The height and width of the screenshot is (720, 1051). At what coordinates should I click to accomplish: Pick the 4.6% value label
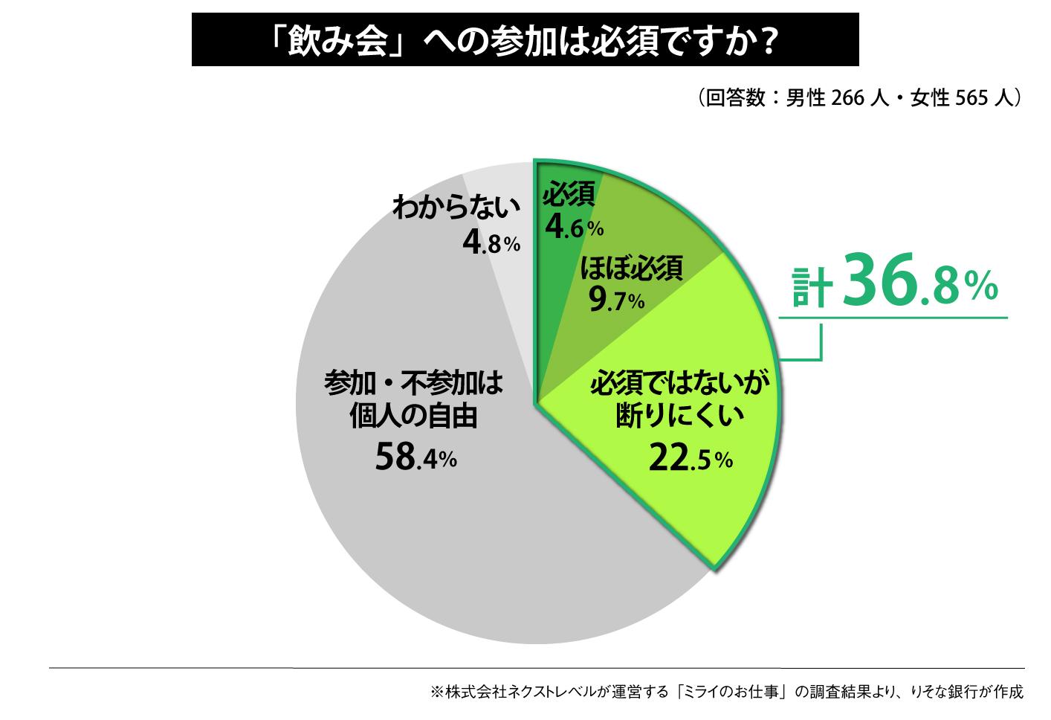coord(573,226)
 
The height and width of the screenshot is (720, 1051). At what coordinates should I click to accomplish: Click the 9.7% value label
coord(615,300)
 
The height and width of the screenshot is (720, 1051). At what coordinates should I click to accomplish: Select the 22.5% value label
coord(690,459)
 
